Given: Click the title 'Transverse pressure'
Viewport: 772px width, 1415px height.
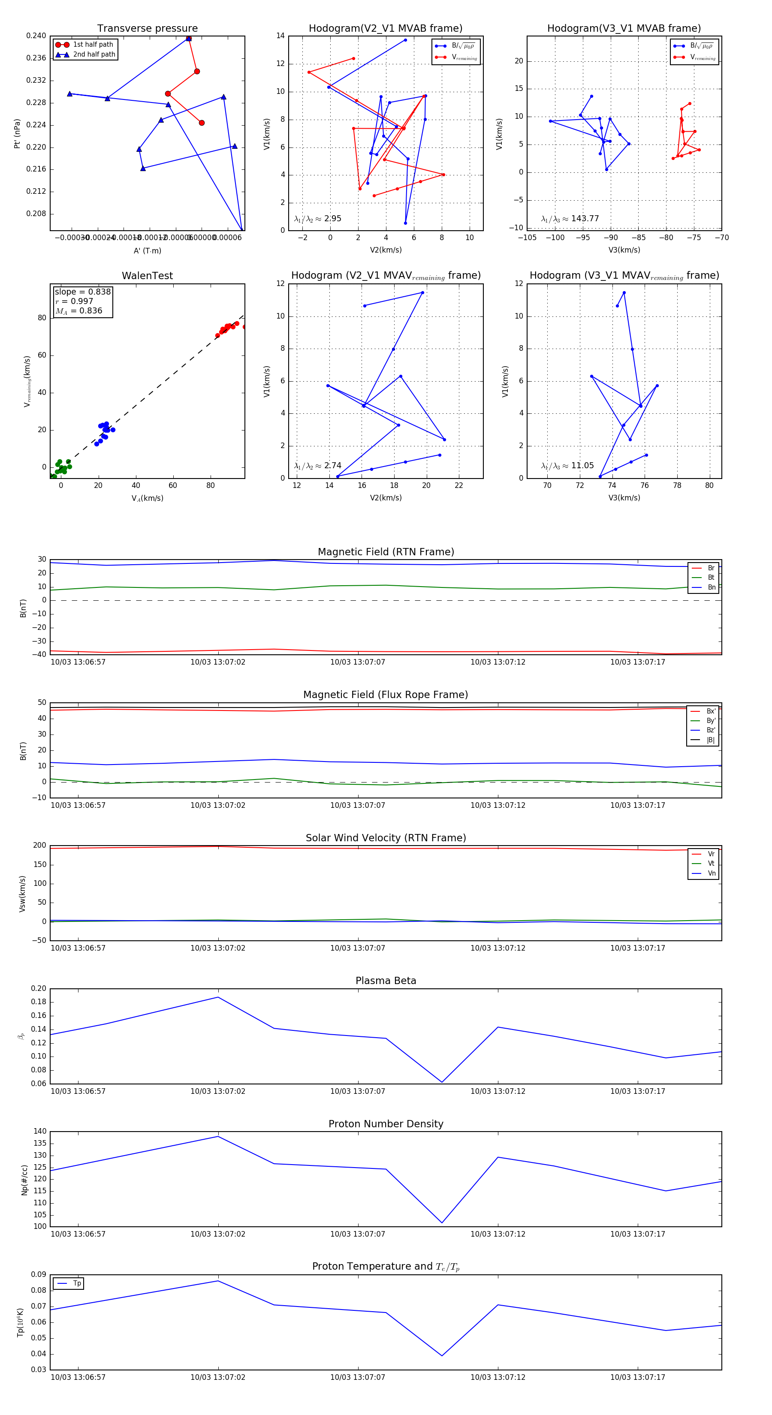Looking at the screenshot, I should coord(147,29).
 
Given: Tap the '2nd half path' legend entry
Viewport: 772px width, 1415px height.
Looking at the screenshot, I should coord(94,54).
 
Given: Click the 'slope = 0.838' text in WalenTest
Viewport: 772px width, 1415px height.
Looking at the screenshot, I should coord(82,292).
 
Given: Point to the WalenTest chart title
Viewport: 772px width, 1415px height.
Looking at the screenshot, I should coord(147,276).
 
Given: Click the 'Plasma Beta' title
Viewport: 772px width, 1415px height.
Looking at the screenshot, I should coord(386,981).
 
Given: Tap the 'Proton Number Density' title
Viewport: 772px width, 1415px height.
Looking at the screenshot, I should coord(386,1123).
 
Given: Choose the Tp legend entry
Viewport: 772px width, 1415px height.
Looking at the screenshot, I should coord(76,1283).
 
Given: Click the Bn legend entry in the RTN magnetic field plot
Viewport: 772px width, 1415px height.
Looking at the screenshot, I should coord(711,587).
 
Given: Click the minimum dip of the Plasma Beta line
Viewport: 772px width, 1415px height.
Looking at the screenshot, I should coord(442,1082).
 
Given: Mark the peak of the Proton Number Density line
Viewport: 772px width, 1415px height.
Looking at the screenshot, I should coord(218,1136).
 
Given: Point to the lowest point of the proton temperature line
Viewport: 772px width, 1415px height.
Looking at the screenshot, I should coord(442,1355).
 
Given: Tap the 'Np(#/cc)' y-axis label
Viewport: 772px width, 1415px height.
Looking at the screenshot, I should coord(24,1179).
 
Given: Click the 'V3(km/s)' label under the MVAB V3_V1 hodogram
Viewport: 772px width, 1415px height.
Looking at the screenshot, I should coord(624,250).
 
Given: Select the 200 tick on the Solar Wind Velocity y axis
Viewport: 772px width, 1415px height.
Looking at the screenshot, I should coord(39,846).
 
